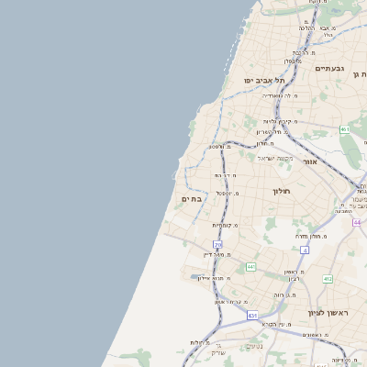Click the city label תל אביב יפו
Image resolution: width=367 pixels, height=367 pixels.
coord(261,80)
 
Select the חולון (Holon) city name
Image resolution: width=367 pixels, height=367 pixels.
coord(280,191)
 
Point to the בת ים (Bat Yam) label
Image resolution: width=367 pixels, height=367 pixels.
coord(191,198)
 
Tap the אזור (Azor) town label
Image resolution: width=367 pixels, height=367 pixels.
coord(310,161)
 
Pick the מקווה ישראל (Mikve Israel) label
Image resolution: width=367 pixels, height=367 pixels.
coord(273,157)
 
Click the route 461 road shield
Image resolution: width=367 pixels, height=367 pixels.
coord(345,129)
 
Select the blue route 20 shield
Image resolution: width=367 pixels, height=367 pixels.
coord(217,245)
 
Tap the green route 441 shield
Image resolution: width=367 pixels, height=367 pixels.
coord(250,267)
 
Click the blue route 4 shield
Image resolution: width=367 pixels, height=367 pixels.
coord(304,250)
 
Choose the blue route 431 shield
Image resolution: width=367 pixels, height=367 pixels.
coord(251,316)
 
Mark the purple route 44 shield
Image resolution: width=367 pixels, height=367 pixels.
coord(356,222)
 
